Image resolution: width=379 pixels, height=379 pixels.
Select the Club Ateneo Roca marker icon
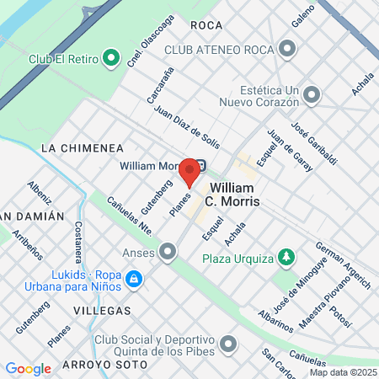click(288, 51)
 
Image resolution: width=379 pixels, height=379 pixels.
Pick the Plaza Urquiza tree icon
click(288, 256)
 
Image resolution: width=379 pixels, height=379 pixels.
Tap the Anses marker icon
click(169, 251)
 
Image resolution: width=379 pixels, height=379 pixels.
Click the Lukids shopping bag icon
click(132, 279)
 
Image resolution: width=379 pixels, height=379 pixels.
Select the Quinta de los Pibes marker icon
click(227, 344)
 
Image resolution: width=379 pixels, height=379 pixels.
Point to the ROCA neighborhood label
click(206, 25)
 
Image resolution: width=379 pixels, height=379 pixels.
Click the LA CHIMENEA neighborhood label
click(82, 147)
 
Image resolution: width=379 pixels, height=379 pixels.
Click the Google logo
click(28, 368)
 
